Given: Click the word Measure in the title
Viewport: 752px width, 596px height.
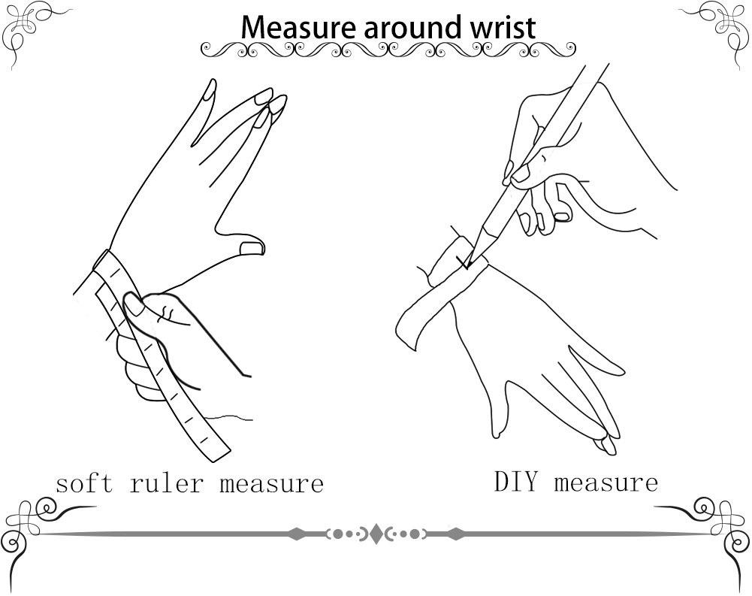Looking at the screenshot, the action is [298, 27].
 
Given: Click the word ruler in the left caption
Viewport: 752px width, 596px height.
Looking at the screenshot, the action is [166, 483].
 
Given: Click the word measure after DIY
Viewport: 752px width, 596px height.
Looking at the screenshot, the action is [606, 483].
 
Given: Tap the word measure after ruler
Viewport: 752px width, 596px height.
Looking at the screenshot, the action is [272, 484].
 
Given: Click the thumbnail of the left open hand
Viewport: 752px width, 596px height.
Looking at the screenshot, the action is [252, 248].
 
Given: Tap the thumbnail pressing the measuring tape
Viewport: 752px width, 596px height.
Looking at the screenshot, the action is [134, 304].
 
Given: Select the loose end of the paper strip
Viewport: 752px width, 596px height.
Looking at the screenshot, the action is [408, 331].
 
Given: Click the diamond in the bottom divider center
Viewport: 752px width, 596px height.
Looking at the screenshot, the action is [376, 534].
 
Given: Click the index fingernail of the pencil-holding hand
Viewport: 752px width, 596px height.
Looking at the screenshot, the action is [521, 173].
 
